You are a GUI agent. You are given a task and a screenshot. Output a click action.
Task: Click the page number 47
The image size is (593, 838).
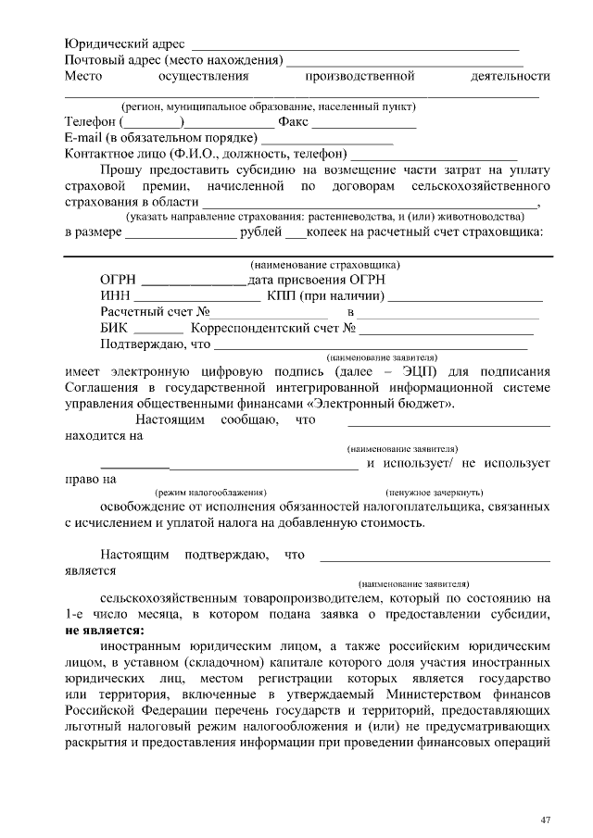(x=546, y=820)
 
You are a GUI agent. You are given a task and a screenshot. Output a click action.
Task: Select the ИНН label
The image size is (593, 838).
(x=113, y=295)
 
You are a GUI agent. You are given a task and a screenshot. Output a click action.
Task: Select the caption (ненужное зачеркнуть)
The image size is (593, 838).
(x=435, y=492)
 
